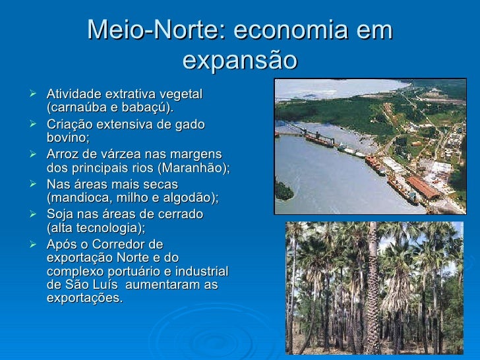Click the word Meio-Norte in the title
click(156, 31)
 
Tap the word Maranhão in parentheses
click(198, 167)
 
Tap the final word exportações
click(84, 298)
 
